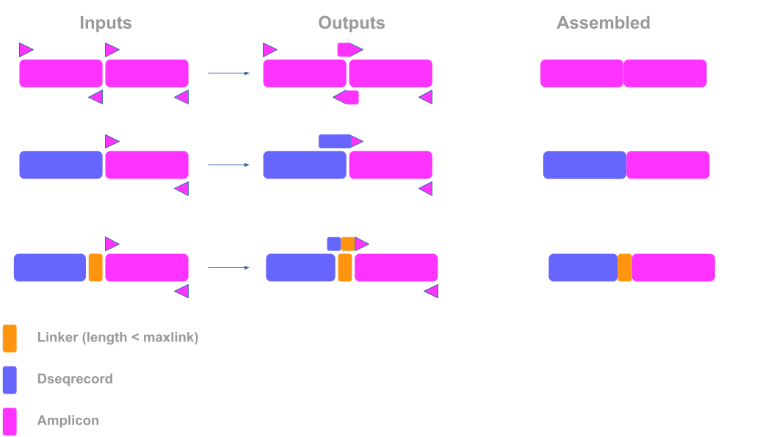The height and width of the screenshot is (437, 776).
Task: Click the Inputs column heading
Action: click(105, 23)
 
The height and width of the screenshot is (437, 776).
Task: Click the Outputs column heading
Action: click(351, 23)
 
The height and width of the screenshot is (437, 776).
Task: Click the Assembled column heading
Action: click(603, 23)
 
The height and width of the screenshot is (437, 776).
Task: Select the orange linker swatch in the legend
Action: click(10, 339)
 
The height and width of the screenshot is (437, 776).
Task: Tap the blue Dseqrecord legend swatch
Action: click(10, 380)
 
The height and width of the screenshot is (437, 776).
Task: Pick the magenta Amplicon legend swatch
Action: click(10, 422)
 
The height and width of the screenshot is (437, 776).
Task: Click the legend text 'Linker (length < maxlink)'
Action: click(117, 338)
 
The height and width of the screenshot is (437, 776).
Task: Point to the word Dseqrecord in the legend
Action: click(74, 379)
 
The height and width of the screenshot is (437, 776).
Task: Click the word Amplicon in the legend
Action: click(68, 421)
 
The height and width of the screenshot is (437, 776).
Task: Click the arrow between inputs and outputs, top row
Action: click(229, 73)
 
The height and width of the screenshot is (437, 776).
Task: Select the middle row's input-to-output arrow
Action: click(229, 165)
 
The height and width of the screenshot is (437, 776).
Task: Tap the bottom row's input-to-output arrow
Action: click(229, 268)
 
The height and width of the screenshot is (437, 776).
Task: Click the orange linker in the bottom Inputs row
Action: click(95, 267)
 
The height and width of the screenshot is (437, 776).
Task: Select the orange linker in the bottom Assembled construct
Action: click(625, 267)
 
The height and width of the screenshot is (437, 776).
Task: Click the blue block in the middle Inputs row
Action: click(61, 165)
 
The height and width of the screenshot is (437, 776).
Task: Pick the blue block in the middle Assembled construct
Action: click(584, 165)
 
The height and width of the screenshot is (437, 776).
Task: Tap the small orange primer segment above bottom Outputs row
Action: click(348, 244)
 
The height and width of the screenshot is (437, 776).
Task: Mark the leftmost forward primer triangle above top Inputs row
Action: click(26, 50)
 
